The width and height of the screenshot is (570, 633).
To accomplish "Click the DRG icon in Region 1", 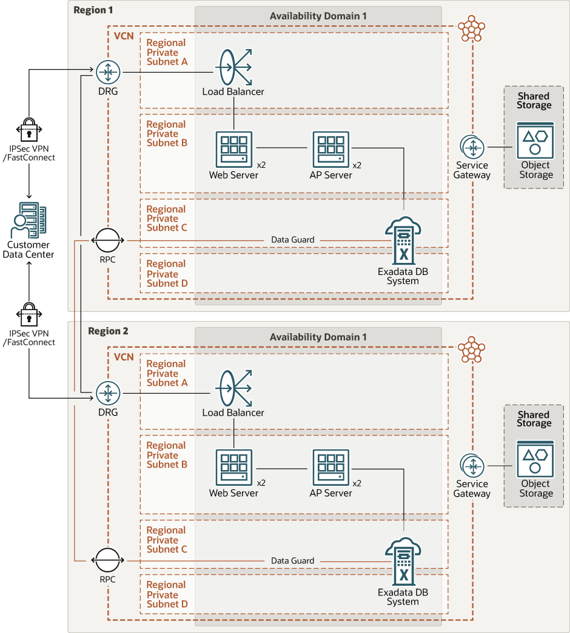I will coord(108,73).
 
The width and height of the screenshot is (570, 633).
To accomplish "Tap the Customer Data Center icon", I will coord(28,220).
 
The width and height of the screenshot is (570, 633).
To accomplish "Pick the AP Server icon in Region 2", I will coord(331,468).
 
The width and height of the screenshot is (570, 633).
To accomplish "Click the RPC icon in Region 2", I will coord(107,560).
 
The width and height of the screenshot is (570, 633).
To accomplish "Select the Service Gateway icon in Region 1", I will coord(472,147).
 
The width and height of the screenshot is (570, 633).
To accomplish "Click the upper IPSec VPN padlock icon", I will coord(29,128).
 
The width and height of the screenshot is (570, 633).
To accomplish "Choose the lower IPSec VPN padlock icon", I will coord(29,314).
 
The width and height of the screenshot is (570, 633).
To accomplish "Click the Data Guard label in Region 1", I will coord(293,240).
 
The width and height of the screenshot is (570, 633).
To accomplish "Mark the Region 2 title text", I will coord(108,331).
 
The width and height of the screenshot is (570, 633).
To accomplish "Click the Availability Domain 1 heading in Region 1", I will coord(318,16).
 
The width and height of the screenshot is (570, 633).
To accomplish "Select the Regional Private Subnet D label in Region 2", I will coord(167,594).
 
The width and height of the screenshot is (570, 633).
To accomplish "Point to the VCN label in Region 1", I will coord(124,36).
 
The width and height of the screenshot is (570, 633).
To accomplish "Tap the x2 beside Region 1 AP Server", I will coord(357,165).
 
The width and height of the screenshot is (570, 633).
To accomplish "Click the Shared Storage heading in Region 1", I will coord(534,101).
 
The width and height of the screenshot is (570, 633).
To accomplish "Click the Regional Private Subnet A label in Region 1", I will coord(167,52).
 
